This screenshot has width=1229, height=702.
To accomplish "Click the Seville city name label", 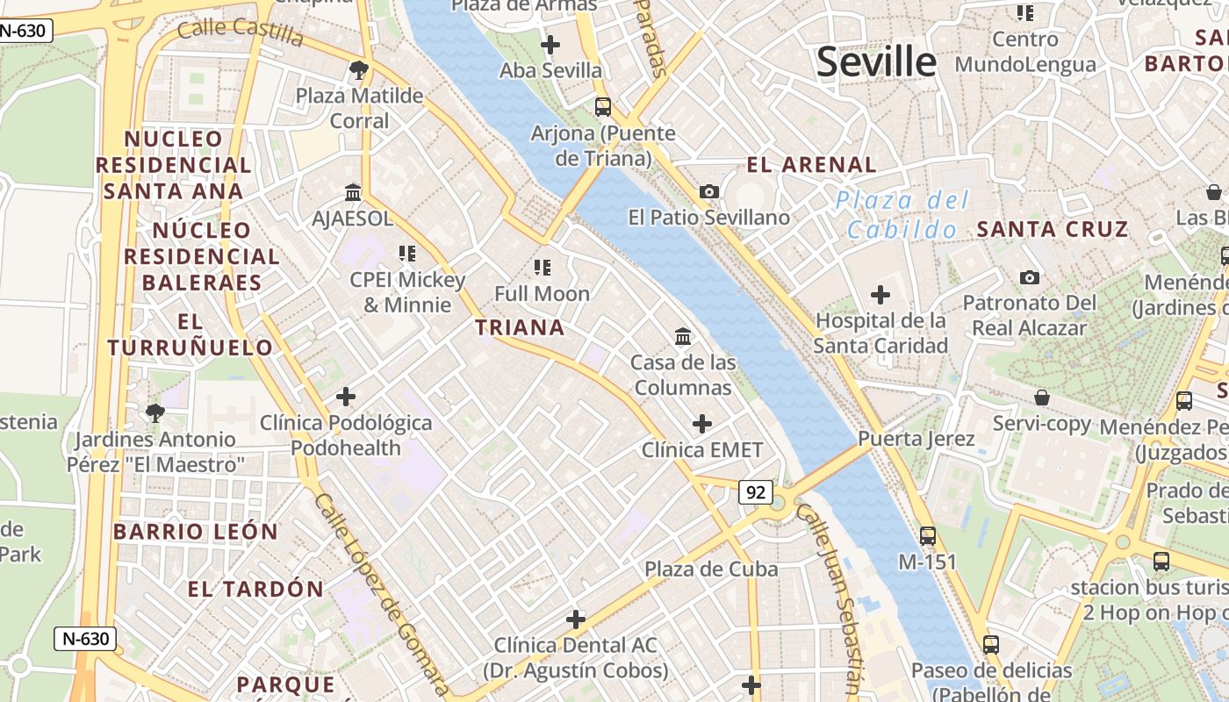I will tap(876, 61).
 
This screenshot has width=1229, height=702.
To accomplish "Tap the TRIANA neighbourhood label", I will tap(520, 328).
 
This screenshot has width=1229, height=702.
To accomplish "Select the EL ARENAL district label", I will tap(811, 165).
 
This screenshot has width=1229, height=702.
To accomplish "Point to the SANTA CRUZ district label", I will tap(1052, 230).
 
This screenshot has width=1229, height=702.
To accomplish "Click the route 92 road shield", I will tap(755, 492).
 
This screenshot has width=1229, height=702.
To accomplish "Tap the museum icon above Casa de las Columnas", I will tap(682, 336).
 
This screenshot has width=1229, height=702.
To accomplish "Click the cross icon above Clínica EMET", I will tap(702, 424).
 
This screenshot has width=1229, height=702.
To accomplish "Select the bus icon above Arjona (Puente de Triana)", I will tap(603, 107).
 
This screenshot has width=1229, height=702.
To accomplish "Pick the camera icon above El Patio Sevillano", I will tap(709, 191).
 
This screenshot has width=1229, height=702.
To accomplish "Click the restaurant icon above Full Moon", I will tap(542, 267).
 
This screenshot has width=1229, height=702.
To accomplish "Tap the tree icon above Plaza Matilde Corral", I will tap(358, 69).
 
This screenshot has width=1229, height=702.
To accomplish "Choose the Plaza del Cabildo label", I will tap(902, 215).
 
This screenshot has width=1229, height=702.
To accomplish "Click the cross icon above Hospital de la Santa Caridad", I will tap(880, 295).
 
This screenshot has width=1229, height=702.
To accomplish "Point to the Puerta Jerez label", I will tap(916, 439).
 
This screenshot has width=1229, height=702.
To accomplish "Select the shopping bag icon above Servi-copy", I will tap(1041, 398).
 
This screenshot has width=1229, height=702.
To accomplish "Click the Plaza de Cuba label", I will tap(711, 569).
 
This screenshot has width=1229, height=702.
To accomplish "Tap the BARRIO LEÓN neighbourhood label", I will tap(195, 532).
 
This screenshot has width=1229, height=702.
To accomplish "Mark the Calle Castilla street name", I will tap(241, 32).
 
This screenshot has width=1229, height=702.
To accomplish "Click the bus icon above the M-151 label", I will tap(928, 535).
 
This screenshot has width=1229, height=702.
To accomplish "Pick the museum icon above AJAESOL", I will tap(353, 192).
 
